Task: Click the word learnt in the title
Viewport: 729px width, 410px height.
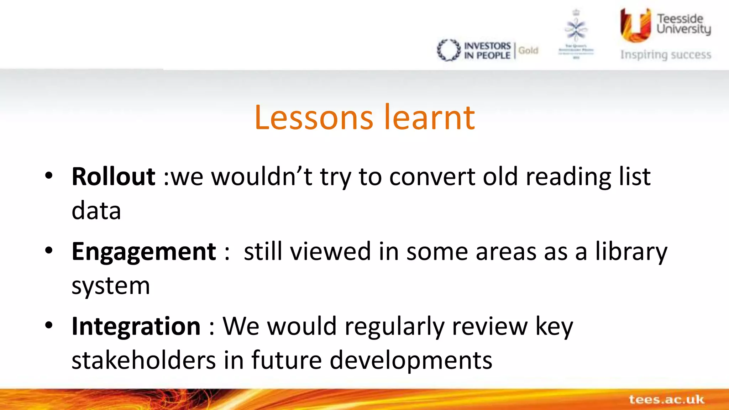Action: tap(430, 118)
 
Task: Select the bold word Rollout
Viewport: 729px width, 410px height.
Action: tap(113, 177)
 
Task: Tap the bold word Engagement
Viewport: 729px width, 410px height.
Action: tap(144, 252)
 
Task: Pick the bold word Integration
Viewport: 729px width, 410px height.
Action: tap(136, 326)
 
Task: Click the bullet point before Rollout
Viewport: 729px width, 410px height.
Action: tap(49, 175)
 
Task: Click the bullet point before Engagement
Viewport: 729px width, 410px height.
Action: tap(49, 250)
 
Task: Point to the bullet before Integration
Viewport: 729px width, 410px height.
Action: tap(49, 325)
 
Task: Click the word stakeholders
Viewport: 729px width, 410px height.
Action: tap(143, 360)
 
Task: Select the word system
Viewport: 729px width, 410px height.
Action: tap(111, 286)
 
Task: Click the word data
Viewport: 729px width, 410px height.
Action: tap(96, 211)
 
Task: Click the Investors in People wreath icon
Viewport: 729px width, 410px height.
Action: tap(449, 50)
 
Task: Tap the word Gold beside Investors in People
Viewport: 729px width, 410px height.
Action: tap(528, 51)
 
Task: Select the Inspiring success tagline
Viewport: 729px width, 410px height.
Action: tap(666, 55)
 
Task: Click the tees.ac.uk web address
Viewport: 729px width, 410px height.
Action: tap(666, 399)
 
